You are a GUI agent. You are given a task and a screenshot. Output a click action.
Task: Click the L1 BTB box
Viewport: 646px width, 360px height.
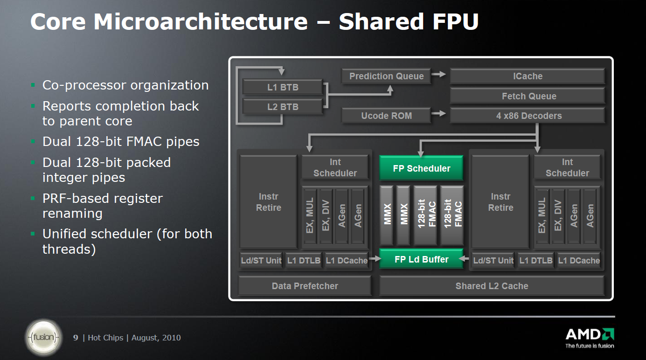283,87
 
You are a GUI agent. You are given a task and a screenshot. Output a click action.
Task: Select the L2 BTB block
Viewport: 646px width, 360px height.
283,107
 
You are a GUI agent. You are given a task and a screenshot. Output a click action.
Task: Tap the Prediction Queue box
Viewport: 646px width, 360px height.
386,76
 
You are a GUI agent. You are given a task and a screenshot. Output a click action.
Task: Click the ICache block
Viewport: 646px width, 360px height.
527,76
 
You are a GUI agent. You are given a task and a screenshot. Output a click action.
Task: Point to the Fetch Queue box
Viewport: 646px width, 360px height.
527,97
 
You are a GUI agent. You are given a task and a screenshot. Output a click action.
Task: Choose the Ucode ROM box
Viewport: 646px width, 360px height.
386,116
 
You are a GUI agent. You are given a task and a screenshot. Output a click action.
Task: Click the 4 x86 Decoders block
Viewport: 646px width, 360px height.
527,116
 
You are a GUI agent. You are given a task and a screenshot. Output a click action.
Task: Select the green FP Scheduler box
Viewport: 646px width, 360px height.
421,168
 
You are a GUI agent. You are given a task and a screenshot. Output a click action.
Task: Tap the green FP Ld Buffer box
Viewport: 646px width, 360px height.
421,259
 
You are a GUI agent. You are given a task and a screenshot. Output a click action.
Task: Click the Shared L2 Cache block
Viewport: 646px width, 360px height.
492,286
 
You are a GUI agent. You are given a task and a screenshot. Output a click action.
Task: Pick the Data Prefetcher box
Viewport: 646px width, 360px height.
305,286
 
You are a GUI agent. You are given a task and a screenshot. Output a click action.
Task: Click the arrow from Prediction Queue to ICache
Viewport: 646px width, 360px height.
438,74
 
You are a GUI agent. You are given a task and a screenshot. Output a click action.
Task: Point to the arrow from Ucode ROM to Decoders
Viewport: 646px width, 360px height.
438,113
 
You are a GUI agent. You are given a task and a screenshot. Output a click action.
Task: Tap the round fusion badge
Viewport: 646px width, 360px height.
43,337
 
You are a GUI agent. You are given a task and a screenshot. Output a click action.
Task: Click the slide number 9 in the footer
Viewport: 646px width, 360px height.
76,338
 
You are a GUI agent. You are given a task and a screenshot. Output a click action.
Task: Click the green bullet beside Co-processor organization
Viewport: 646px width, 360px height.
33,85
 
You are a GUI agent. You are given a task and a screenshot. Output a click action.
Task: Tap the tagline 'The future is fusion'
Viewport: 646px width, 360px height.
590,346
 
